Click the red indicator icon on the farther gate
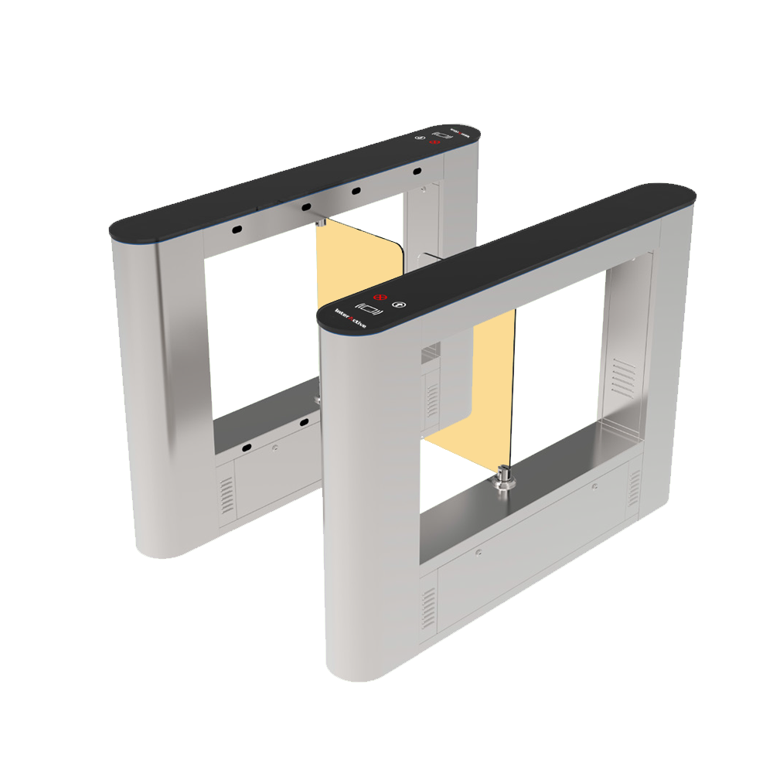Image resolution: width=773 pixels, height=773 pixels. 434,143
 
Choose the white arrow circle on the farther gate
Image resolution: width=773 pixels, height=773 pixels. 420,138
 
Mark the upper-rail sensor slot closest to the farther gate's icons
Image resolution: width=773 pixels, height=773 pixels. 417,170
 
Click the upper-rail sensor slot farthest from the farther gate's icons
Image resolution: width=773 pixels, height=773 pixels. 236,230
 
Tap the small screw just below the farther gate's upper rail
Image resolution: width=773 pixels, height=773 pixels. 423,188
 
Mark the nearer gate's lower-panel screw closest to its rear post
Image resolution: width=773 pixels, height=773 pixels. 594,486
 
